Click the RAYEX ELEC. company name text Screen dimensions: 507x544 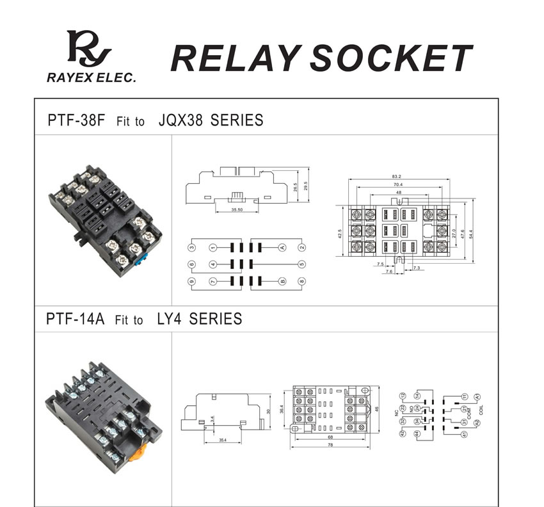(x=92, y=77)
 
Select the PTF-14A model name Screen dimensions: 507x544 (x=75, y=319)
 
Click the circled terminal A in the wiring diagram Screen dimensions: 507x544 (x=282, y=247)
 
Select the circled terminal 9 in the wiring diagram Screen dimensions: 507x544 (x=191, y=282)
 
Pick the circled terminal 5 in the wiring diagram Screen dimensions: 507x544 (x=301, y=264)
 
